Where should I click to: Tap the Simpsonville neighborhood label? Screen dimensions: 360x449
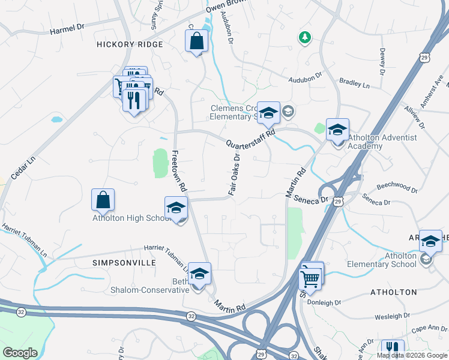(x=124, y=263)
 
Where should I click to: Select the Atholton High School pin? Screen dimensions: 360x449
(x=176, y=208)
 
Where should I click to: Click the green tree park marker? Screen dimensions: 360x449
(x=305, y=38)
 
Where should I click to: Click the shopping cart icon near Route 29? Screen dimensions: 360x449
(x=310, y=278)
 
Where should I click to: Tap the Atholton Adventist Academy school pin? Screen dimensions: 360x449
(x=337, y=130)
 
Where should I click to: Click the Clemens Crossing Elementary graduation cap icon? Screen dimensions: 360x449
(x=268, y=113)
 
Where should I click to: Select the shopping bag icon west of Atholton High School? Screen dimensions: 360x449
(x=103, y=200)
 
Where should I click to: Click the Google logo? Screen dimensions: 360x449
(x=20, y=353)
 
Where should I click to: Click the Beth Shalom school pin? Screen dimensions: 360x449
(x=199, y=274)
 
